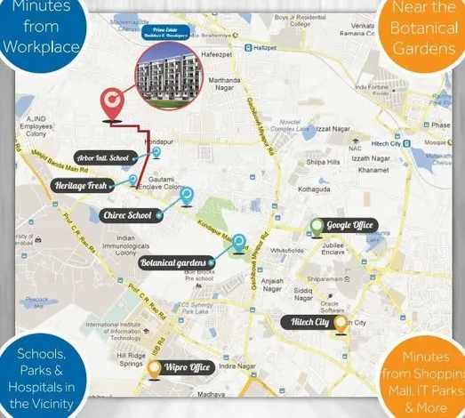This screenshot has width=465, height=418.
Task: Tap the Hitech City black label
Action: click(x=309, y=321)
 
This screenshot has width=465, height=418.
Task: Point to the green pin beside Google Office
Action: click(x=316, y=226)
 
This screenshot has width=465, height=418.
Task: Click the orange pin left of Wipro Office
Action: click(x=155, y=366)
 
